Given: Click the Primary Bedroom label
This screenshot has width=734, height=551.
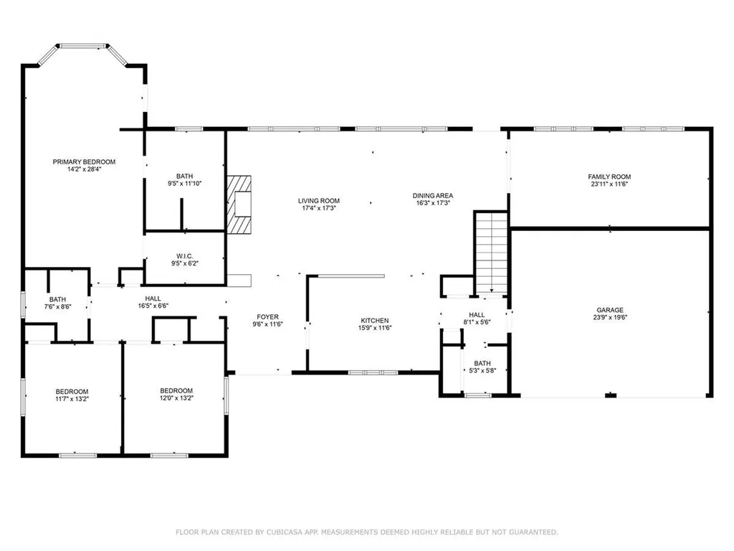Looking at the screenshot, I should [84, 162].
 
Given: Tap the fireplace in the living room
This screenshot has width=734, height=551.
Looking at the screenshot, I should [239, 204].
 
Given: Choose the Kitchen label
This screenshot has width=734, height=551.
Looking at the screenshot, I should [374, 320].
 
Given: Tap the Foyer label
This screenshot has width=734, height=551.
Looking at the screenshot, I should [268, 316].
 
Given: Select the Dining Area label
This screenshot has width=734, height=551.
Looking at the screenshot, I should [432, 195].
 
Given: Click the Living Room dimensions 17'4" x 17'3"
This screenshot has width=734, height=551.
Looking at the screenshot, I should [319, 208].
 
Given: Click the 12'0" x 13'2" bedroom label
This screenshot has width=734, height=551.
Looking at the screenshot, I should [176, 391].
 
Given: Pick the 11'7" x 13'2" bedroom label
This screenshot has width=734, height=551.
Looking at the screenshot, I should [72, 391].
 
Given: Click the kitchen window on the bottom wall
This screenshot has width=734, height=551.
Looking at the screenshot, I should [373, 372].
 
